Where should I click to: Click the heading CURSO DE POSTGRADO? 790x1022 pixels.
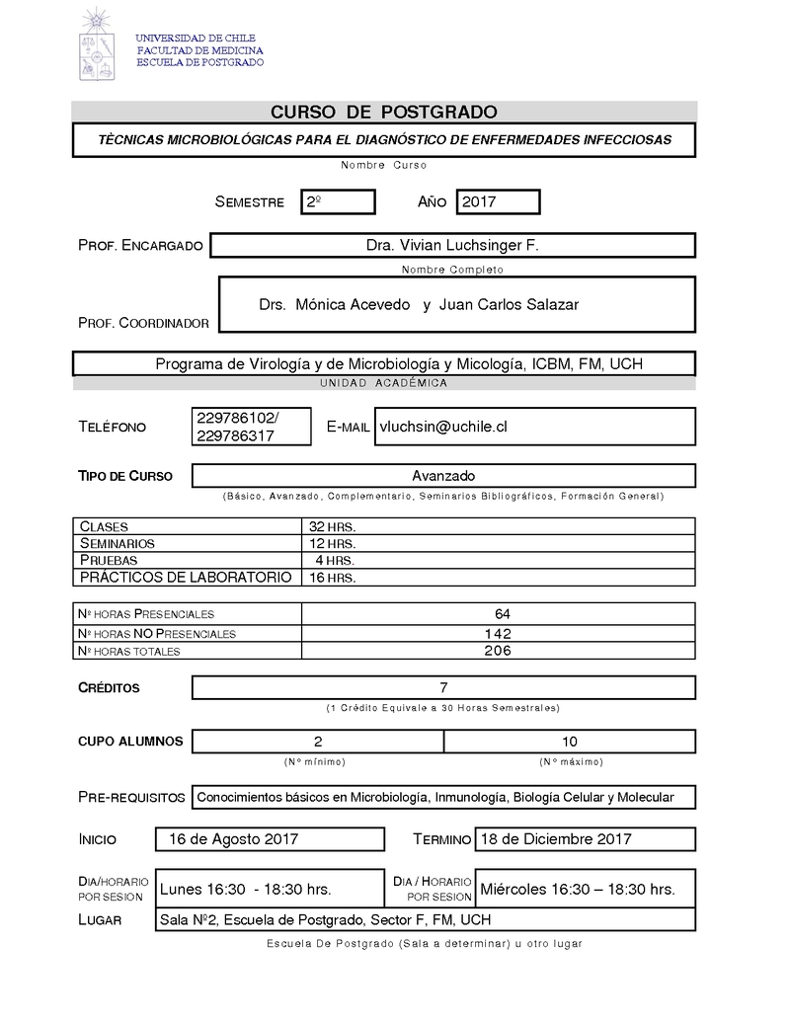coord(384,112)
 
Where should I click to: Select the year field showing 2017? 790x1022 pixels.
coord(497,202)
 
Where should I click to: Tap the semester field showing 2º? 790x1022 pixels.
coord(338,202)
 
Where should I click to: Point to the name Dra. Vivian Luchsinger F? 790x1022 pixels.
coord(452,245)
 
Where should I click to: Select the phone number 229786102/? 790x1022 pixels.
coord(238,418)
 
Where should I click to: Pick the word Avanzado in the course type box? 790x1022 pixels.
coord(443,476)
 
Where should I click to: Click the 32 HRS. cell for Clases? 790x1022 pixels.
coord(332,527)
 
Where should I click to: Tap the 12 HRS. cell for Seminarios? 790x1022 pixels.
coord(332,544)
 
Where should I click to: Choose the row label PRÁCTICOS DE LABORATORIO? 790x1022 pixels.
coord(186,577)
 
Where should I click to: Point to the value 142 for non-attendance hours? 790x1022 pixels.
coord(498,633)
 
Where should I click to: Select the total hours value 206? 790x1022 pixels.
coord(498,651)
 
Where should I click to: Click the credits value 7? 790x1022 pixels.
coord(443,687)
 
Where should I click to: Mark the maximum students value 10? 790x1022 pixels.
coord(569,741)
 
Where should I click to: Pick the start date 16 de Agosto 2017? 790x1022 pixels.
coord(234,839)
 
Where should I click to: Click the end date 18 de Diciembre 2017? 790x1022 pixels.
coord(555,839)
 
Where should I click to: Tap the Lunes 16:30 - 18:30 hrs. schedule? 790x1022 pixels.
coord(246,889)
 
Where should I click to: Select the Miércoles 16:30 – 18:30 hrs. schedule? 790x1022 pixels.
coord(578,889)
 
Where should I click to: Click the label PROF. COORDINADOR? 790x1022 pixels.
coord(143,323)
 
